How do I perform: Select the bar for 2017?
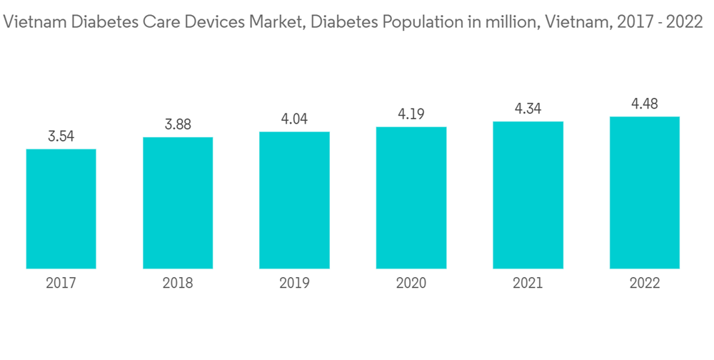61,209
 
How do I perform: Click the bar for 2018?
178,203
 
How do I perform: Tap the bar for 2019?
294,200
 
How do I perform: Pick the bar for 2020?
411,198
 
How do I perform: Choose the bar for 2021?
528,195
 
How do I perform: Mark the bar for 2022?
645,193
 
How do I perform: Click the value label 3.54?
61,136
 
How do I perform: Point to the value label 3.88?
178,124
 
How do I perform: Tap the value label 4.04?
294,119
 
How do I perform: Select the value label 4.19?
411,114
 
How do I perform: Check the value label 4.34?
528,109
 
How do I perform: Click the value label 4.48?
645,104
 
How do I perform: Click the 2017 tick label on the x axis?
61,284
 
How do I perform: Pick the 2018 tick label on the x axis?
178,284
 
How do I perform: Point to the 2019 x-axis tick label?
294,284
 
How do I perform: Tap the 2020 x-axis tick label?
411,284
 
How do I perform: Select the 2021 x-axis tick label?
528,284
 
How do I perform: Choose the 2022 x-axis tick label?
645,284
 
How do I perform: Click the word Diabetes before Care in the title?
90,22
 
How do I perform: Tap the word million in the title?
508,22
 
